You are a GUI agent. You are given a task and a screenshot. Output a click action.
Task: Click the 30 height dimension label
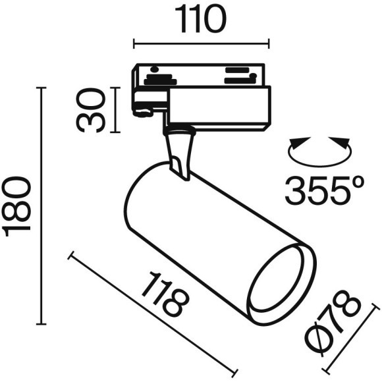click(92, 110)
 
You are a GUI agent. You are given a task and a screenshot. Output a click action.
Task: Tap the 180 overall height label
click(17, 205)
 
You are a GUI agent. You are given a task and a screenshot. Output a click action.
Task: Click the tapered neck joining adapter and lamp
click(180, 150)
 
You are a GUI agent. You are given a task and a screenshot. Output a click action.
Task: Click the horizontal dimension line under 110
click(201, 45)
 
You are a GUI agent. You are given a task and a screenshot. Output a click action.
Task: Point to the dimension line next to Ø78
click(352, 342)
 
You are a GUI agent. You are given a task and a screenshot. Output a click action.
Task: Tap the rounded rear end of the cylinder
click(135, 198)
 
